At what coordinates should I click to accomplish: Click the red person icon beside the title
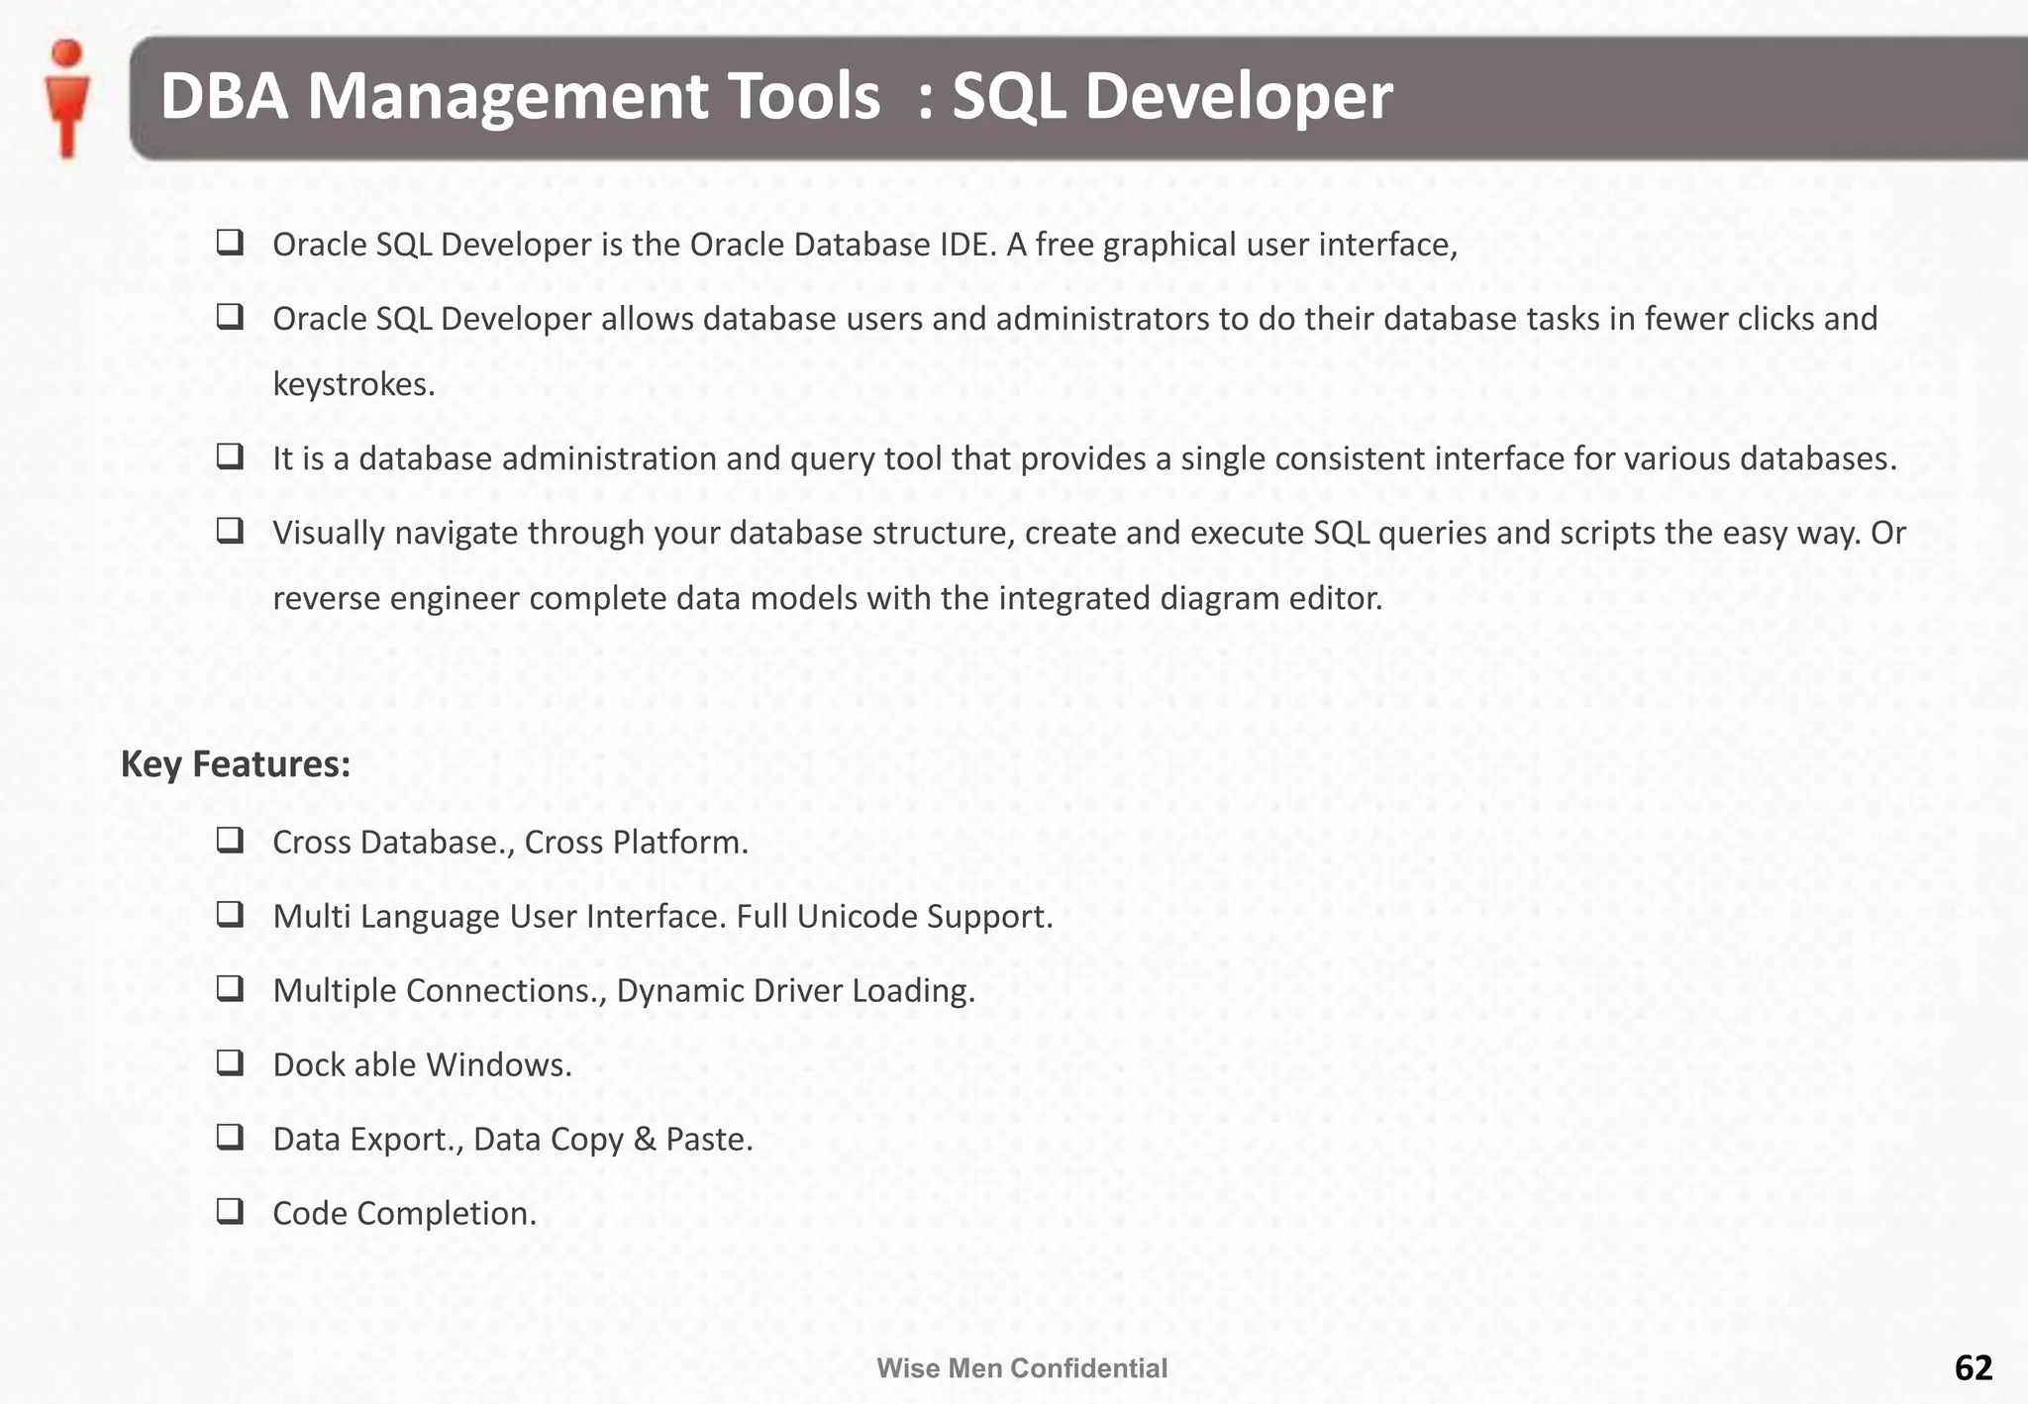[x=67, y=98]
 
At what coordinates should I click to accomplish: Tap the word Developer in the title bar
[x=1239, y=97]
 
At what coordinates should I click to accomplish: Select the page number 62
[x=1973, y=1367]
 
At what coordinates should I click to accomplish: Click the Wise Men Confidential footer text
[x=1022, y=1368]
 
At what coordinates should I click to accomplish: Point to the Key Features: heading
[x=236, y=764]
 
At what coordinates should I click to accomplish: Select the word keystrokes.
[x=354, y=384]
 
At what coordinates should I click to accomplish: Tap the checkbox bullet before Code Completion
[x=231, y=1211]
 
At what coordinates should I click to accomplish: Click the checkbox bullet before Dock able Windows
[x=231, y=1062]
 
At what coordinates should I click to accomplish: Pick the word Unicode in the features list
[x=858, y=917]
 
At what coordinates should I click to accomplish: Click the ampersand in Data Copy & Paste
[x=645, y=1140]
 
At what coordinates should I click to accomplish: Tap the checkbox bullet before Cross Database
[x=231, y=841]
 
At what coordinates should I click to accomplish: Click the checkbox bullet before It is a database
[x=231, y=456]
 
